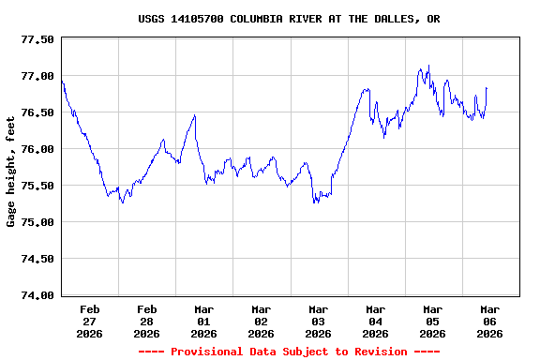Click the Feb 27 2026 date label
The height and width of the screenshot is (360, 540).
click(x=90, y=321)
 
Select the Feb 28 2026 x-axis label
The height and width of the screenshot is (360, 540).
click(x=147, y=321)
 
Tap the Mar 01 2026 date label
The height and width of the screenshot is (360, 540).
click(x=204, y=321)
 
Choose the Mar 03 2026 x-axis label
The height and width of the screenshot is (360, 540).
click(x=319, y=321)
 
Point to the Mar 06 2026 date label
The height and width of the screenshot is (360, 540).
click(x=489, y=321)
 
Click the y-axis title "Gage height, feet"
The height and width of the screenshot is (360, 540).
click(x=11, y=172)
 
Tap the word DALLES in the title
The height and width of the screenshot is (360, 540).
click(x=397, y=19)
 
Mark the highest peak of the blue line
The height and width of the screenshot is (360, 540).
click(x=428, y=66)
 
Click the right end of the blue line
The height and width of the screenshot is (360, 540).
click(x=487, y=88)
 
